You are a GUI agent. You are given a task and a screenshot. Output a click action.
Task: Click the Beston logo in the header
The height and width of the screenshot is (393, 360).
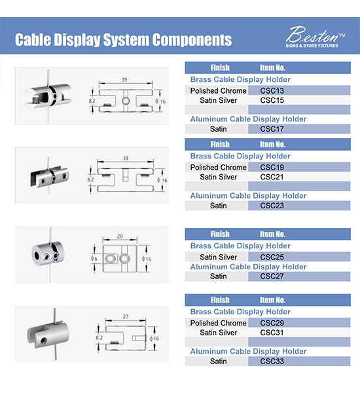tap(315, 37)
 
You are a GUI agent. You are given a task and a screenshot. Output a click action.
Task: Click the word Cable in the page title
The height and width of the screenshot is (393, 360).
tap(33, 39)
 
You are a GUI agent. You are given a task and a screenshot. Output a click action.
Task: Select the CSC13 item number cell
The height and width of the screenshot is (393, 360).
tap(299, 90)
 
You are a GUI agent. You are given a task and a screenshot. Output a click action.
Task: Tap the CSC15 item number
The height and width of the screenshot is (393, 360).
tap(272, 100)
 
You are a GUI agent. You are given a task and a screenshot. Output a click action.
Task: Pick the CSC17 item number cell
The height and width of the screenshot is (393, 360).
tap(299, 129)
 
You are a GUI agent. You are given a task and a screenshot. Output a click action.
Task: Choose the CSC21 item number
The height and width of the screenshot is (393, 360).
tap(272, 177)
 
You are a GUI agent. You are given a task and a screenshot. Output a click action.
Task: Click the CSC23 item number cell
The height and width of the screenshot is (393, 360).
tap(299, 206)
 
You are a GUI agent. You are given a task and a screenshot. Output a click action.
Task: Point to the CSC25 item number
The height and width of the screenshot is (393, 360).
tap(272, 257)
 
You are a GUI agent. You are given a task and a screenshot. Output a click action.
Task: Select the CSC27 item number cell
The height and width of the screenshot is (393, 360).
tap(299, 276)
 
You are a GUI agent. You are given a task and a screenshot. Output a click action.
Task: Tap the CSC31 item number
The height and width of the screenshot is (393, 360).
tap(272, 333)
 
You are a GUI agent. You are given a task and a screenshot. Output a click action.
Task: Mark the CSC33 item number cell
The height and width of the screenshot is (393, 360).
tap(299, 361)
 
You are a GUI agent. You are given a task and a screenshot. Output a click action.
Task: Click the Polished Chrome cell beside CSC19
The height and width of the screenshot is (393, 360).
tap(218, 167)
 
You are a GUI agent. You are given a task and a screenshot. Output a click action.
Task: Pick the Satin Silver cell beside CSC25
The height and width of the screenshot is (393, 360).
tap(218, 257)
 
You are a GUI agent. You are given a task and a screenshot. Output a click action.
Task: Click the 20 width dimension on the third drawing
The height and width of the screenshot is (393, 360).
tap(120, 236)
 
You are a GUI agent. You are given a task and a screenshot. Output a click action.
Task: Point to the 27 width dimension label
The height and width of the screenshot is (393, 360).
tap(126, 316)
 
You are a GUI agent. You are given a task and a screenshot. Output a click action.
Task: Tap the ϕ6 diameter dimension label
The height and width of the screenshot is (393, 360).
tap(94, 259)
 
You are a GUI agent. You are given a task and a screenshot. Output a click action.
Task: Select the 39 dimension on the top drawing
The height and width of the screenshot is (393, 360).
tap(124, 80)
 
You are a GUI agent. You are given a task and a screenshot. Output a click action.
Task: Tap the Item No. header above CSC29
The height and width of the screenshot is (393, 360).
tap(272, 300)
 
